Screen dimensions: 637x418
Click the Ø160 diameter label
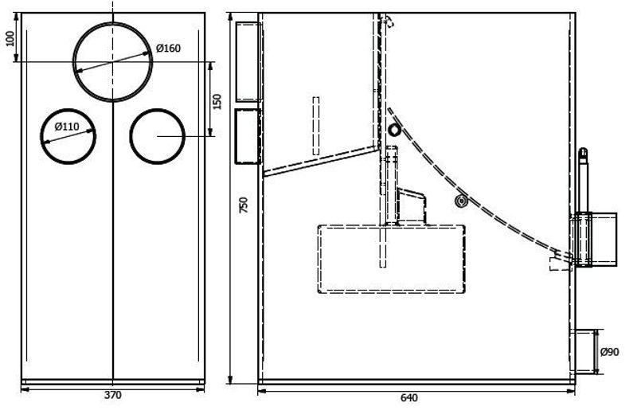click(x=168, y=49)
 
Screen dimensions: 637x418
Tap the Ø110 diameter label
click(x=67, y=127)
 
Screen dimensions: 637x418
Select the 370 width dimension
click(x=112, y=395)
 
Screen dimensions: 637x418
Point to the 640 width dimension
click(x=408, y=397)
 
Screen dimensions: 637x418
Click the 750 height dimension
click(x=243, y=205)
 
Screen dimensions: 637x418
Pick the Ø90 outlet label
click(x=610, y=352)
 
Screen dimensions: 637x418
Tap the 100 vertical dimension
click(x=10, y=38)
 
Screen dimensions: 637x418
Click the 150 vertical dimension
click(x=217, y=102)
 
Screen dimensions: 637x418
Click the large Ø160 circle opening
click(x=113, y=23)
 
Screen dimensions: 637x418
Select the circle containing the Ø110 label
click(x=68, y=109)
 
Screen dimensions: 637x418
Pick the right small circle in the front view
click(x=157, y=109)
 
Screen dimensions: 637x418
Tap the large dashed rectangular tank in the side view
click(x=391, y=226)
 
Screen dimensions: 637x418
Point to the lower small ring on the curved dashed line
click(x=461, y=201)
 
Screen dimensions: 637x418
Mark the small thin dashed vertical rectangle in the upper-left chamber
click(x=315, y=126)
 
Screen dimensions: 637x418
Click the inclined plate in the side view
click(x=322, y=162)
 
